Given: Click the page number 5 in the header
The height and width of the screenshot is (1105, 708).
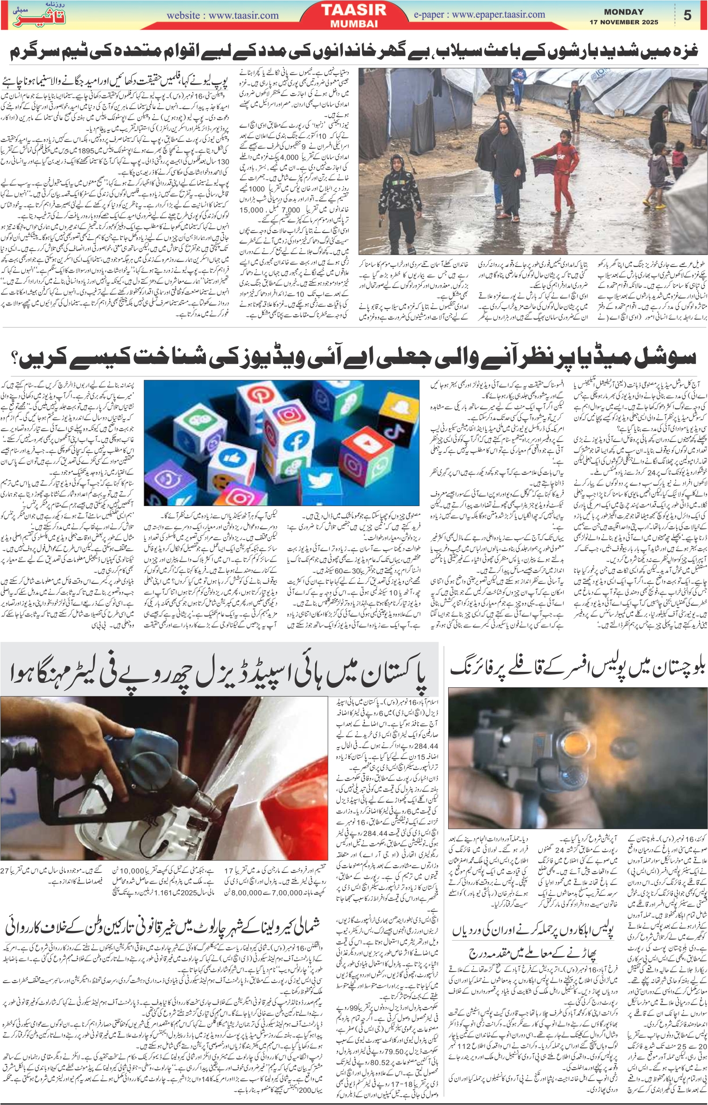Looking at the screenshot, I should pos(687,15).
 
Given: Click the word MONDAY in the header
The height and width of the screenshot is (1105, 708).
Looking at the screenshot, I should pos(624,12).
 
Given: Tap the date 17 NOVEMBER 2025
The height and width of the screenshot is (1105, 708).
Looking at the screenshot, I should pos(624,22).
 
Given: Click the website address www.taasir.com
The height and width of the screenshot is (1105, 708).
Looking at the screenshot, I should pos(222,15).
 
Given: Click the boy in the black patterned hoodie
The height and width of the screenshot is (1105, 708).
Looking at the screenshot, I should pos(396,193).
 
